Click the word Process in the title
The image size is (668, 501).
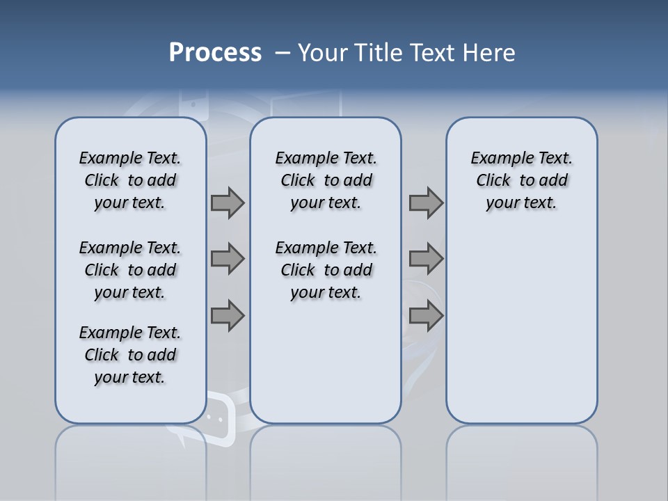(215, 52)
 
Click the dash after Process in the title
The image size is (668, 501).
(283, 53)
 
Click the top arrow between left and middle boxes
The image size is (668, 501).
(228, 202)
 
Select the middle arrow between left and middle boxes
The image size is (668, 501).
(228, 259)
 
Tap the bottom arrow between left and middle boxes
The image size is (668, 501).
(228, 315)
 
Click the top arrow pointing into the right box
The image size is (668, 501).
(426, 202)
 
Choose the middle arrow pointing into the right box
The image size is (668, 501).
(426, 259)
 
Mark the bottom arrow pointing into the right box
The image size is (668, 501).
(426, 315)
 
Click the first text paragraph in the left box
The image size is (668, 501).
(130, 180)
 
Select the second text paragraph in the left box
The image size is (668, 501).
(130, 270)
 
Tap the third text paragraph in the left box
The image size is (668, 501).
(130, 355)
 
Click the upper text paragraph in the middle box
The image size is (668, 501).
(326, 180)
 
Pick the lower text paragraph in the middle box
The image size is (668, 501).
(326, 270)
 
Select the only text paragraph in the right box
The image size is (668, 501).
(521, 180)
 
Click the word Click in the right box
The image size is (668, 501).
(493, 180)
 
